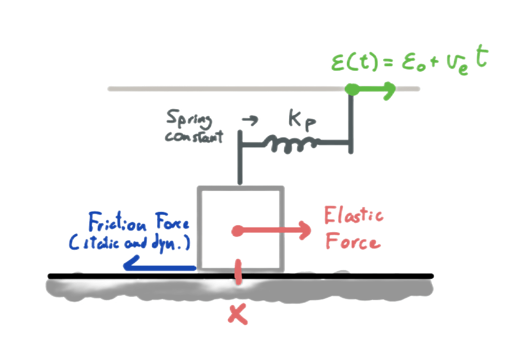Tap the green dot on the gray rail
[x=352, y=89]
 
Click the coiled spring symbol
[x=289, y=144]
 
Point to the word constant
[x=193, y=136]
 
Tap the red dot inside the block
[x=236, y=231]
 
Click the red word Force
[x=352, y=241]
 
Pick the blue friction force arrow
[x=158, y=265]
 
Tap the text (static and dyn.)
[x=131, y=243]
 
